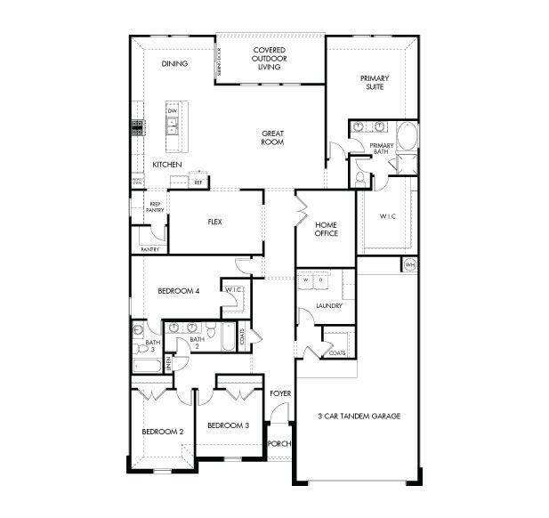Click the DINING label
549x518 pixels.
tap(174, 64)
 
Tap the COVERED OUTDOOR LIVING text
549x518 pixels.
tap(269, 58)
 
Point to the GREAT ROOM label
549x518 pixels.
tap(272, 138)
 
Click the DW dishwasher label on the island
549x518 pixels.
tap(172, 111)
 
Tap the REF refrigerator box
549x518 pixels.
tap(198, 182)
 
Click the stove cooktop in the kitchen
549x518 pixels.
tap(138, 127)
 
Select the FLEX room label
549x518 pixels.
tap(214, 222)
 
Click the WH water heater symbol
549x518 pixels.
tap(410, 265)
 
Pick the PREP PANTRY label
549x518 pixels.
tap(155, 207)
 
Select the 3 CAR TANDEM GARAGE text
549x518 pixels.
tap(359, 416)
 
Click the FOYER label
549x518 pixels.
tap(280, 393)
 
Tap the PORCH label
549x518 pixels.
tap(279, 443)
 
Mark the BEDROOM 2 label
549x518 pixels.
tap(163, 432)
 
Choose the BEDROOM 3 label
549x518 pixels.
tap(227, 425)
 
